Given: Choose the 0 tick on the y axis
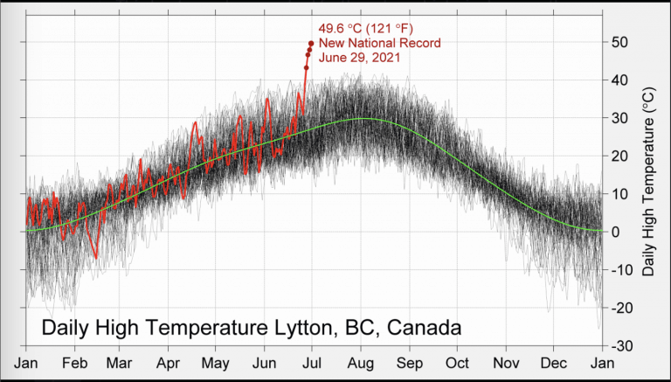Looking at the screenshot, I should (614, 233).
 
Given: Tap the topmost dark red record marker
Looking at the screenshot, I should (311, 43).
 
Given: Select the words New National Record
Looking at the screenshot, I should (379, 44).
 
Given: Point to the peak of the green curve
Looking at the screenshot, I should (361, 119).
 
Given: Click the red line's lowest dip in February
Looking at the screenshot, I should (94, 257).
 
